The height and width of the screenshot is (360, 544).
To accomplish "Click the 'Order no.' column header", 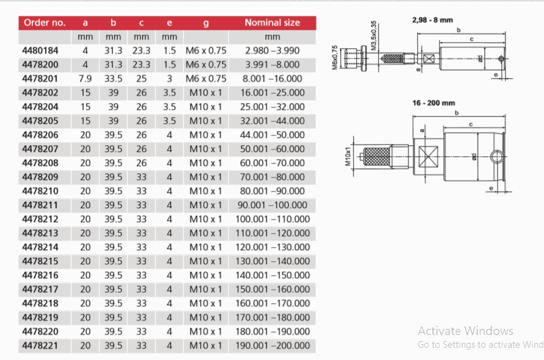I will point(45,23).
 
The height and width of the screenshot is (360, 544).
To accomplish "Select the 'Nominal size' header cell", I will point(272,23).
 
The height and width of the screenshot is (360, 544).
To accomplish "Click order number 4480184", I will point(40,51).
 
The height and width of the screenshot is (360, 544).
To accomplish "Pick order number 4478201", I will point(40,79).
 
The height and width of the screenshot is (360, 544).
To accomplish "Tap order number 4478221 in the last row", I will point(40,345).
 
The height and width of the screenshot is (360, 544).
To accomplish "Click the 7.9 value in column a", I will point(85,79).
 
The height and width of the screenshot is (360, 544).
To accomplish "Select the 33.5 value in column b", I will point(113,79).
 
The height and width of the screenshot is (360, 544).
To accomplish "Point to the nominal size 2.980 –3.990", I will point(273,51).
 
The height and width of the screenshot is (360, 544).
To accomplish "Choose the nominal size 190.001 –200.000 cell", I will point(273,345).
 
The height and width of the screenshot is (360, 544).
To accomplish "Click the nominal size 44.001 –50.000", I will point(273,135).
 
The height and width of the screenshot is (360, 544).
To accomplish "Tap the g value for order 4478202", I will point(206,93).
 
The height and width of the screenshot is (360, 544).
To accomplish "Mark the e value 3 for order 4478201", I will point(170,79).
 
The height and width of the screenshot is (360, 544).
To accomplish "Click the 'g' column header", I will point(206,23).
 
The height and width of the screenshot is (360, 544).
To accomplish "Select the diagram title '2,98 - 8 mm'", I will point(432,20).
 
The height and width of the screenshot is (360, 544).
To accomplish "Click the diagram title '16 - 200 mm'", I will point(434,103).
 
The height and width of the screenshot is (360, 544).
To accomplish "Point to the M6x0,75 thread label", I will point(335,58).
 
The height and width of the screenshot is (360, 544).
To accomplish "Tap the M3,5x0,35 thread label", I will point(373,35).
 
